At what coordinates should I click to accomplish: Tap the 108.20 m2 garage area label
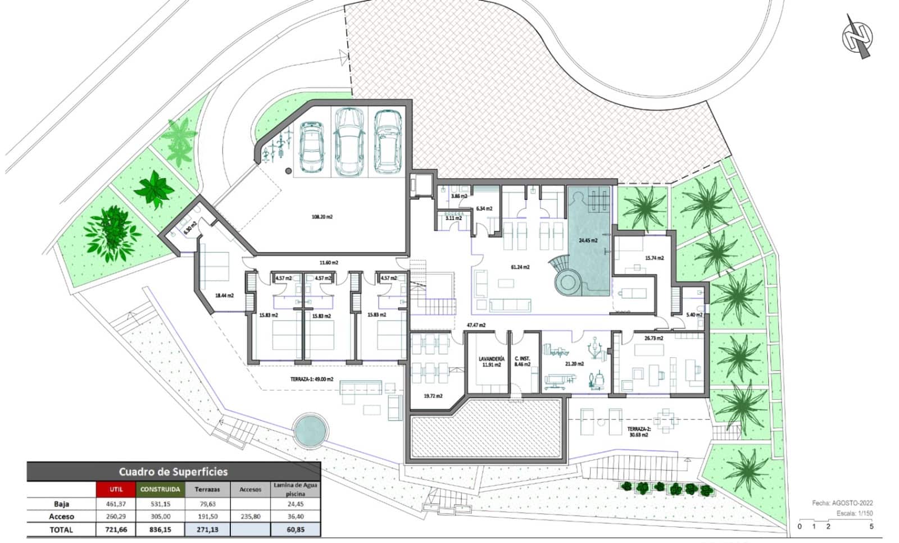(322, 216)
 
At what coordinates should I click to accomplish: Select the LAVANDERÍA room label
(491, 361)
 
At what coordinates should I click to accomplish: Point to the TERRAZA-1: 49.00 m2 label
(311, 379)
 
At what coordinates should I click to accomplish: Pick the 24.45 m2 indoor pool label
(588, 240)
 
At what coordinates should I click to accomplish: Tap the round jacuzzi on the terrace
(311, 431)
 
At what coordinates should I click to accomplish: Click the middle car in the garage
(349, 140)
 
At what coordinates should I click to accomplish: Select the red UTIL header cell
(116, 489)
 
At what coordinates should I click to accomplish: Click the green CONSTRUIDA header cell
(160, 489)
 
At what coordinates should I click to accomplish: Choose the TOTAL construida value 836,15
(160, 529)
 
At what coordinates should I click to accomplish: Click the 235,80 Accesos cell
(250, 516)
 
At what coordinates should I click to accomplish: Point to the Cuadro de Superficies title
(173, 472)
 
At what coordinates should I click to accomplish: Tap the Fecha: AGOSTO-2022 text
(842, 503)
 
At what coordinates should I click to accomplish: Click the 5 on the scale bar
(871, 527)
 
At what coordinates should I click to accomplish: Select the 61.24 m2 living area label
(520, 267)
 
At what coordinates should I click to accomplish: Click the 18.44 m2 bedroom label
(224, 295)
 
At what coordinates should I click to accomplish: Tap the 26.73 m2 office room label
(653, 338)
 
